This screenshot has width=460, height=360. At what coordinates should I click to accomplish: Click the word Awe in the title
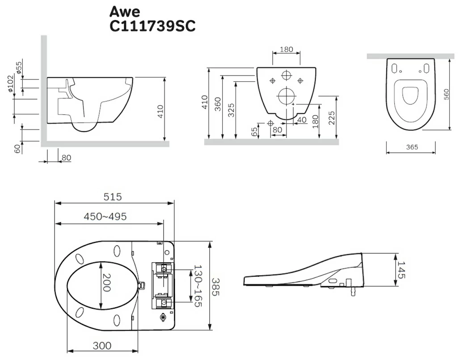125,12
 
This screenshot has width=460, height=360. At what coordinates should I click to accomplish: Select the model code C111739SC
152,26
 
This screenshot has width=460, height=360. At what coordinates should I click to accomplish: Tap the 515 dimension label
113,197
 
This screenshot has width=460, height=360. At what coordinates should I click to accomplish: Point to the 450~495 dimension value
106,216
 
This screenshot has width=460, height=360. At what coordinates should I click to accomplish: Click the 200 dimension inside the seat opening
106,283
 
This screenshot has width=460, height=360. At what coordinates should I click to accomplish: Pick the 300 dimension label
102,346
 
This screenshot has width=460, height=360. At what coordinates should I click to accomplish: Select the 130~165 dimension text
198,286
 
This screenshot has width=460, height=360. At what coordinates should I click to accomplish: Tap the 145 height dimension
401,270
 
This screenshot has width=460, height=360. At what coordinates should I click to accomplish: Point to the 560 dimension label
446,94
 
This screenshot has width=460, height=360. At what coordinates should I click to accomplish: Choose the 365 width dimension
412,147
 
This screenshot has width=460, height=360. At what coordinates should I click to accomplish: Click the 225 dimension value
332,118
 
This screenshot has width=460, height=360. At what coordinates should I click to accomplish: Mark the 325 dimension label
232,110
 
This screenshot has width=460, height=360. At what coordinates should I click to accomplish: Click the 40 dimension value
302,120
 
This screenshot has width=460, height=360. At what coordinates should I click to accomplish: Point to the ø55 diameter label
18,67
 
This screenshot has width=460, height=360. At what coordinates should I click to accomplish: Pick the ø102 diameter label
11,84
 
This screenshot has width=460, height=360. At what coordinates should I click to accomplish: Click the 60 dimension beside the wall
17,149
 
